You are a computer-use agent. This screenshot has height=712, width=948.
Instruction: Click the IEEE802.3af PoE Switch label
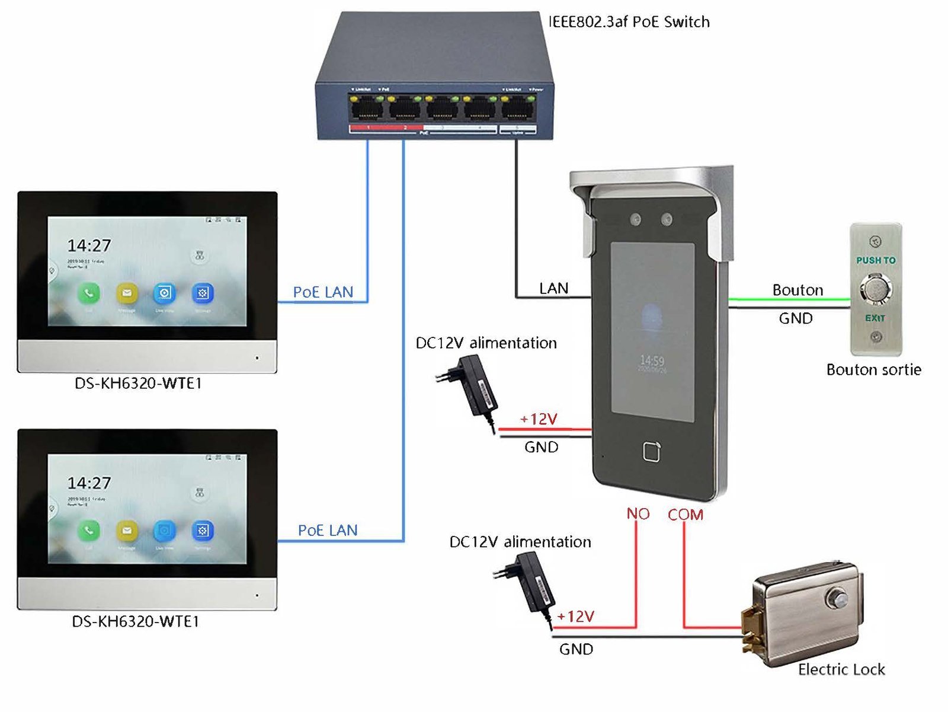(x=629, y=22)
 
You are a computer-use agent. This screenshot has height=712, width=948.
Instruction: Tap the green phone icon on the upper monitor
(x=89, y=293)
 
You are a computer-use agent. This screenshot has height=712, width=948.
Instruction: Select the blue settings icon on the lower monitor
(x=202, y=531)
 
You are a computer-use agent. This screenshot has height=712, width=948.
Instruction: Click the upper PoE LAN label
(x=323, y=292)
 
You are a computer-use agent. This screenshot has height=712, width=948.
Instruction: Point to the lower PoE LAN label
(x=328, y=531)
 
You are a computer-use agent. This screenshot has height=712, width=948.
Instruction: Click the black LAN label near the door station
(x=553, y=289)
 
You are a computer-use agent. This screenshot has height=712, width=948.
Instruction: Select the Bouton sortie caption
(x=873, y=370)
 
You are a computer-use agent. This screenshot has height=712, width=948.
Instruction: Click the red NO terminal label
(x=638, y=514)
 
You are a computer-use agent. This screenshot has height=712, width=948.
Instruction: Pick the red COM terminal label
(x=686, y=515)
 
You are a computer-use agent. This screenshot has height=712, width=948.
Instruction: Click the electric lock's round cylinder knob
(x=838, y=597)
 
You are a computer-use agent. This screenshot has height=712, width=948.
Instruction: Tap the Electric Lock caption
(x=841, y=669)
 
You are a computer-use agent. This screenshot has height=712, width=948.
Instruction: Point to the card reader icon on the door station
(x=652, y=452)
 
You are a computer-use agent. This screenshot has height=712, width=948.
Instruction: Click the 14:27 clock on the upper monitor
(x=89, y=245)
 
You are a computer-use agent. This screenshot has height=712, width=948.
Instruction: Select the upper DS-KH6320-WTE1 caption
(x=138, y=384)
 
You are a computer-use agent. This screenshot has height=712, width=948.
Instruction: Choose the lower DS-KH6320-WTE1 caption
(x=136, y=621)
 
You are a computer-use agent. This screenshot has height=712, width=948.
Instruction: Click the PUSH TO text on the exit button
(x=875, y=260)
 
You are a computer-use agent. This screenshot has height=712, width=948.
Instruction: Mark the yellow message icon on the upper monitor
(x=127, y=293)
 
